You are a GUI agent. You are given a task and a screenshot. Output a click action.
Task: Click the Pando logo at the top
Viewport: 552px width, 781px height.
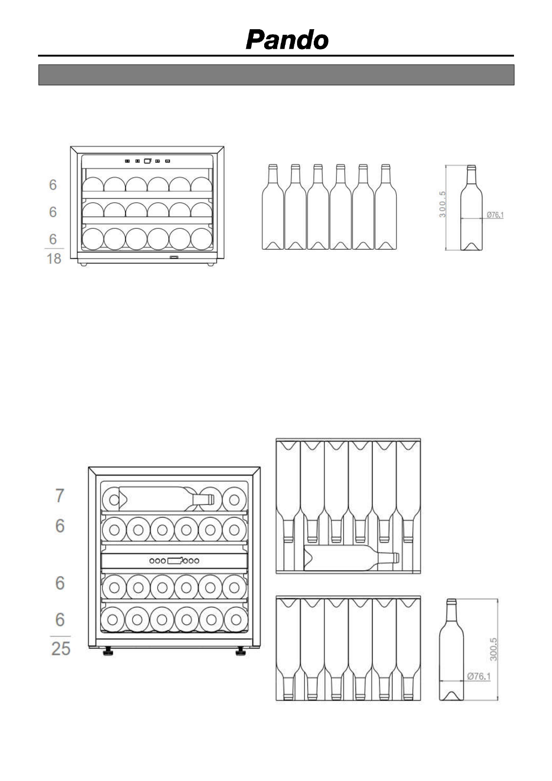[287, 40]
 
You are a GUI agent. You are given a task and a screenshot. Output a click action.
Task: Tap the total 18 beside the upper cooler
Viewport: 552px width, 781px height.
[54, 258]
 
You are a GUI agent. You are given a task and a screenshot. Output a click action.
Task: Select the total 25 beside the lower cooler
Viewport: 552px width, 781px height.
[61, 648]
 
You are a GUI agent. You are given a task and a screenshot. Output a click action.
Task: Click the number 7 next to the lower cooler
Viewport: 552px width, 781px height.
[59, 496]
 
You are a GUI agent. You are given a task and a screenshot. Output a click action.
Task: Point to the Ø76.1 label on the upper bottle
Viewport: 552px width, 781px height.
[495, 215]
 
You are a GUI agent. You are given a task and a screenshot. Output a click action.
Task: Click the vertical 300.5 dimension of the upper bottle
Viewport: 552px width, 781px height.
[443, 205]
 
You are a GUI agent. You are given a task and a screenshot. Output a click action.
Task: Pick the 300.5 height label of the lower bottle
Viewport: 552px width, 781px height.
[493, 649]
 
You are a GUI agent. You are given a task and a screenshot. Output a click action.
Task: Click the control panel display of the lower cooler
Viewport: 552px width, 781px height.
[174, 561]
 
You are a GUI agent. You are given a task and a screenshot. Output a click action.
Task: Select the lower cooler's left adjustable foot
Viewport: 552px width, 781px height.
[108, 652]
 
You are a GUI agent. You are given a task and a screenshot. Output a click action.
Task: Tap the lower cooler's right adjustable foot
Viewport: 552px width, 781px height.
[241, 652]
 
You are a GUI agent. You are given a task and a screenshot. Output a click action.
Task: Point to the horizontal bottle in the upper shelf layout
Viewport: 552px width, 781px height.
[350, 558]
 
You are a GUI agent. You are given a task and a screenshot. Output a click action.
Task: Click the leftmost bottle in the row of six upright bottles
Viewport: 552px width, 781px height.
[273, 209]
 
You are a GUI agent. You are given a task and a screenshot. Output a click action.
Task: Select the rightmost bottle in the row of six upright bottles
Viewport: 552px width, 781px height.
[386, 209]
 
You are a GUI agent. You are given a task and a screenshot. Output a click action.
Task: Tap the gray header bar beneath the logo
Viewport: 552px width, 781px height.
[276, 75]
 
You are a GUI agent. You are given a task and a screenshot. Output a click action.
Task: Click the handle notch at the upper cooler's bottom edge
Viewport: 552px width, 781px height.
[174, 258]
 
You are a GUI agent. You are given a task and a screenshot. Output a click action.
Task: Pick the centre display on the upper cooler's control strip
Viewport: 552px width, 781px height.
[147, 161]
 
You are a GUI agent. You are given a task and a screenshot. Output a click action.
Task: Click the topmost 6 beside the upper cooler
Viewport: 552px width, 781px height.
[53, 185]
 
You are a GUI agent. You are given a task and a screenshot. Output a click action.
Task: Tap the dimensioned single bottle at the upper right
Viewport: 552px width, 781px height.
[471, 209]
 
